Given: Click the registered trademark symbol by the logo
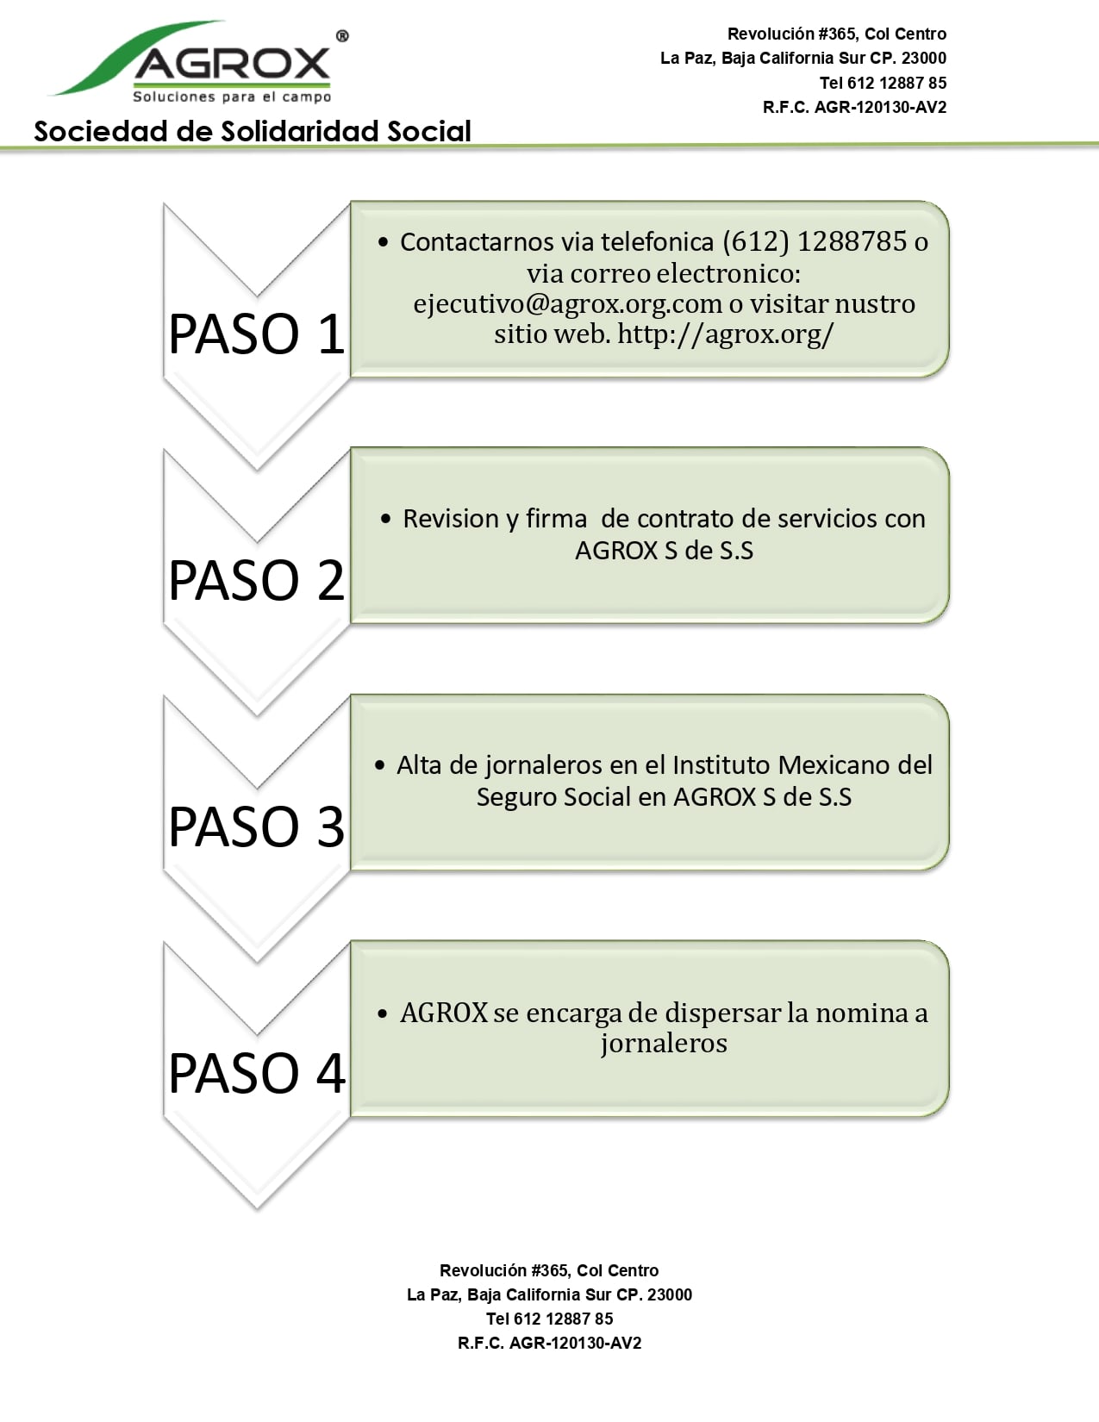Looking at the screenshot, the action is [x=342, y=37].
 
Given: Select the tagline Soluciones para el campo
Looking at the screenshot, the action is [x=232, y=97].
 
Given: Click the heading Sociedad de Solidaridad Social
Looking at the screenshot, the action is [x=253, y=131].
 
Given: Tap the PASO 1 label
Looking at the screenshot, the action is [x=257, y=334].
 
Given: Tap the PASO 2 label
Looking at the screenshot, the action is [x=257, y=581].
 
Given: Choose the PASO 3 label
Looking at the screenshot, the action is [x=257, y=826].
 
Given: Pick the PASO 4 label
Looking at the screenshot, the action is [x=257, y=1073].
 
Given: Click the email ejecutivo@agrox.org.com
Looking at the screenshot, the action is [x=567, y=304].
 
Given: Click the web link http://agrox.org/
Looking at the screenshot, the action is [x=725, y=335].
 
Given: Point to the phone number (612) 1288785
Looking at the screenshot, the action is [x=815, y=242].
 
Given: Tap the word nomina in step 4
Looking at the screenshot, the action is [x=861, y=1013].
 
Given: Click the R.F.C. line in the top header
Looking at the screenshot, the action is [x=854, y=108].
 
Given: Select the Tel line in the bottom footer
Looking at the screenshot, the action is [x=549, y=1319].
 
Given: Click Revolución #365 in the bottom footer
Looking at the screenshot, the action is [x=504, y=1271].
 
